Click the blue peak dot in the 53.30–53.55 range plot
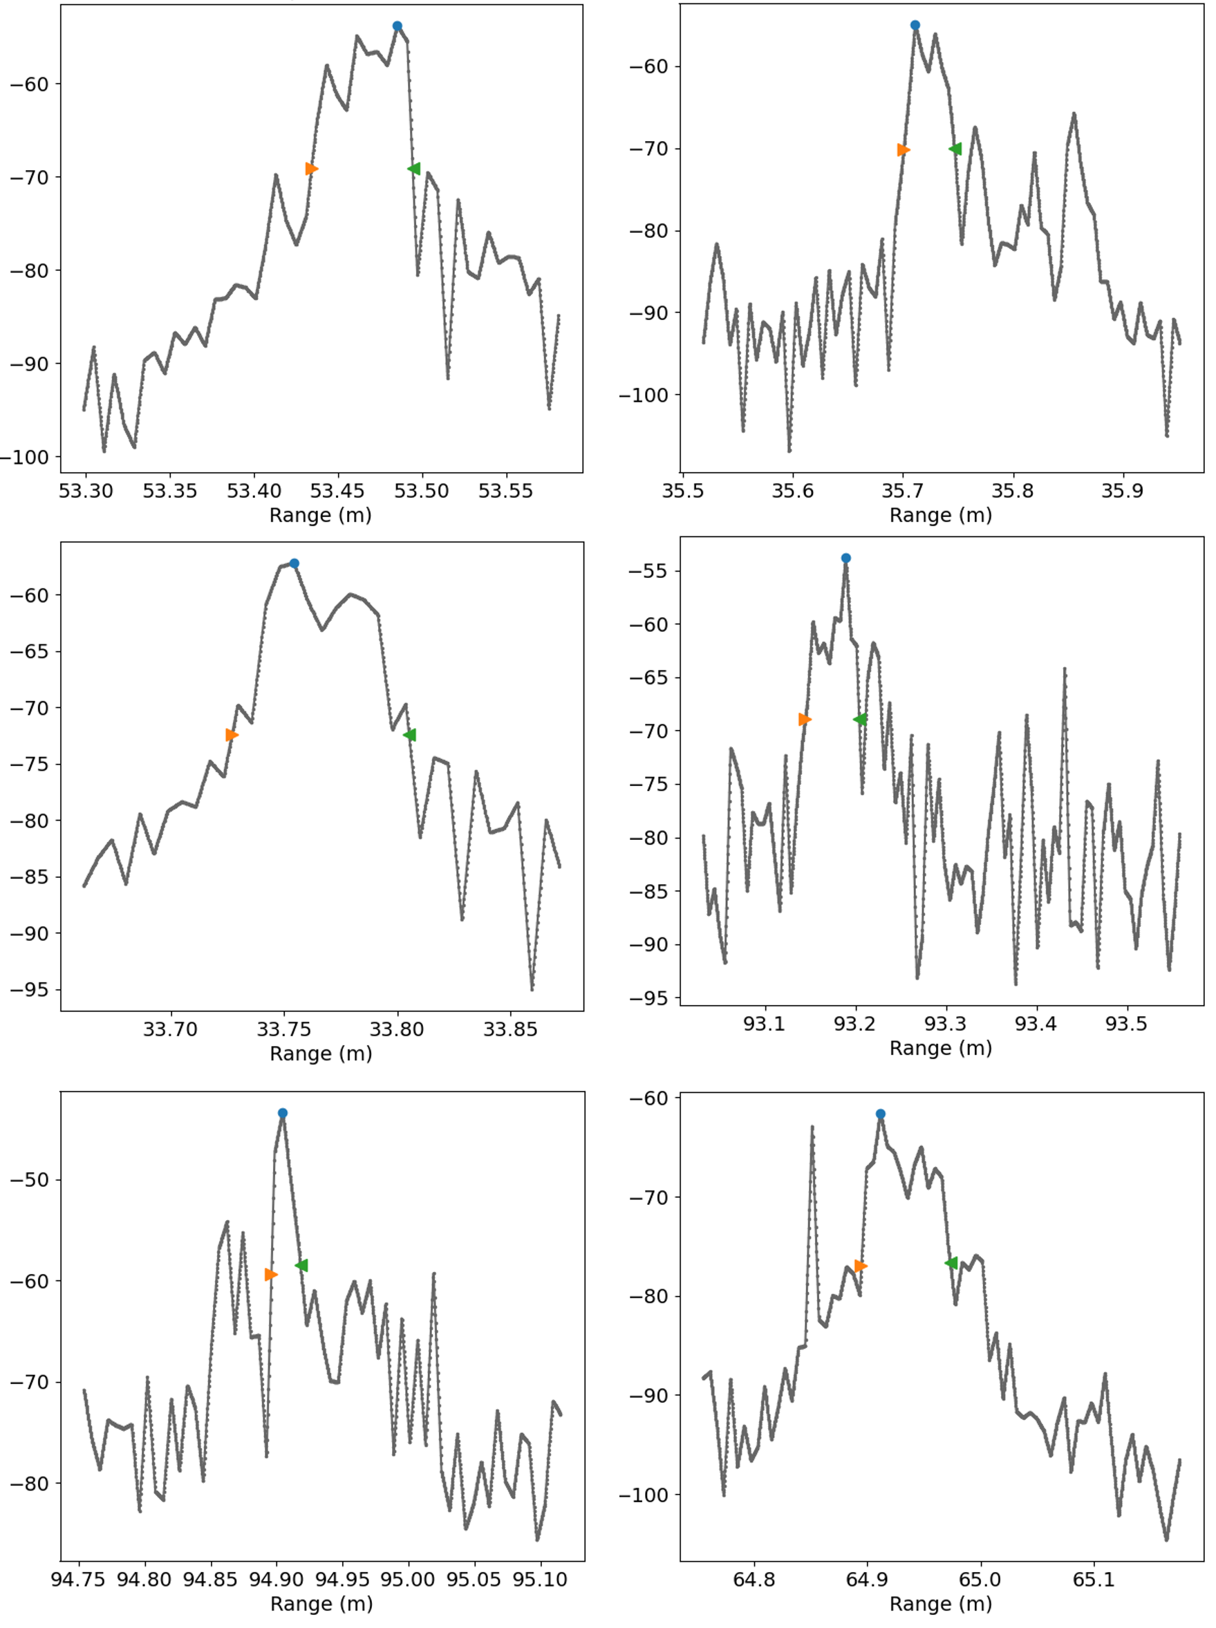click(x=397, y=26)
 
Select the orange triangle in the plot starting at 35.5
click(x=903, y=150)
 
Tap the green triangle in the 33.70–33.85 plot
click(x=410, y=735)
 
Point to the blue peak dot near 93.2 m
click(x=845, y=558)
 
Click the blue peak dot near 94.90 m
click(x=283, y=1114)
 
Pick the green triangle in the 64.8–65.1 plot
click(x=951, y=1263)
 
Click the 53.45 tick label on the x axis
click(x=337, y=491)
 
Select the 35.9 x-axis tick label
click(x=1122, y=491)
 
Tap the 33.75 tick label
click(x=283, y=1029)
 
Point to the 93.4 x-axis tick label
click(x=1035, y=1024)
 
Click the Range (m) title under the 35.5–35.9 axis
click(x=940, y=515)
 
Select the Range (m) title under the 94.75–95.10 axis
click(x=321, y=1604)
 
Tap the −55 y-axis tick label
click(x=648, y=571)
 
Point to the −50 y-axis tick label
click(x=29, y=1180)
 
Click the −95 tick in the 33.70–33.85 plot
click(x=29, y=990)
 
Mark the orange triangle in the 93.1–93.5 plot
click(x=805, y=719)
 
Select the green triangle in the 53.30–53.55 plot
click(x=413, y=169)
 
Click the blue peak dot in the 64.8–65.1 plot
click(x=880, y=1114)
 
